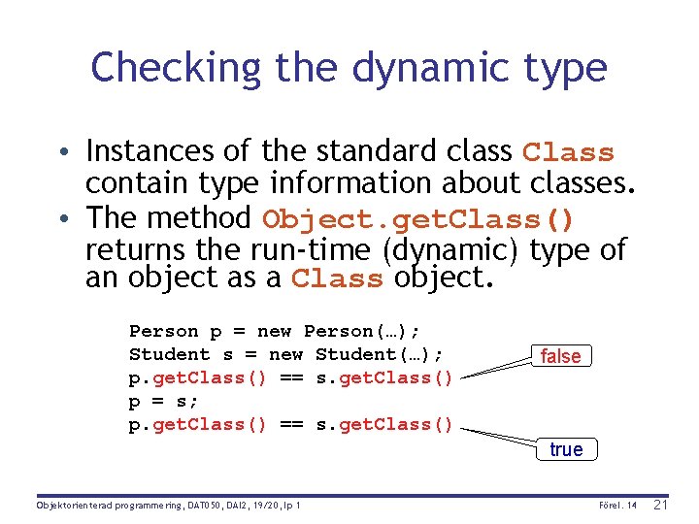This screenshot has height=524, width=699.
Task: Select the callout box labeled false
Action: tap(560, 356)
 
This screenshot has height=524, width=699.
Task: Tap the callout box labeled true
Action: tap(566, 449)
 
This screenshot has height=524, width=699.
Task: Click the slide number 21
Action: tap(661, 505)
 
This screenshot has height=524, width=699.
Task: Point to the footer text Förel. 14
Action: tap(616, 506)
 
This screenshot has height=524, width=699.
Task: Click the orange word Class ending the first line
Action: tap(568, 153)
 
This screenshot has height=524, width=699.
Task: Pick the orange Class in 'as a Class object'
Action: tap(337, 279)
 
